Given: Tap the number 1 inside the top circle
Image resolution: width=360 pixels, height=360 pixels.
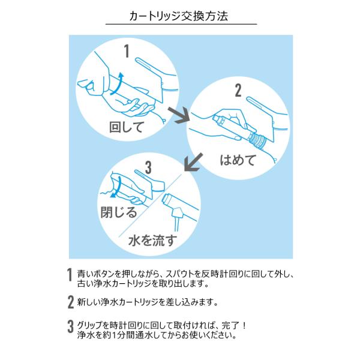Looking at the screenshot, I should click(127, 51).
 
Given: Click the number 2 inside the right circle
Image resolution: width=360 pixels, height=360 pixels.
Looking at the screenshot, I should click(238, 91).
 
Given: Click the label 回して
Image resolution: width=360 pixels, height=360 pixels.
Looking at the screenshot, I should click(127, 127).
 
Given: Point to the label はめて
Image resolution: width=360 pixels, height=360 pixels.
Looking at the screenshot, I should click(238, 160).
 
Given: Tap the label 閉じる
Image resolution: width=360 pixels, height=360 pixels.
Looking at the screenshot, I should click(118, 212).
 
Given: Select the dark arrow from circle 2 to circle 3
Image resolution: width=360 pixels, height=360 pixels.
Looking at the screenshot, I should click(193, 162).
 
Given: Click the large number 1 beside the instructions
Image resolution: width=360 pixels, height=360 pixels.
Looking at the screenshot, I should click(70, 278).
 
